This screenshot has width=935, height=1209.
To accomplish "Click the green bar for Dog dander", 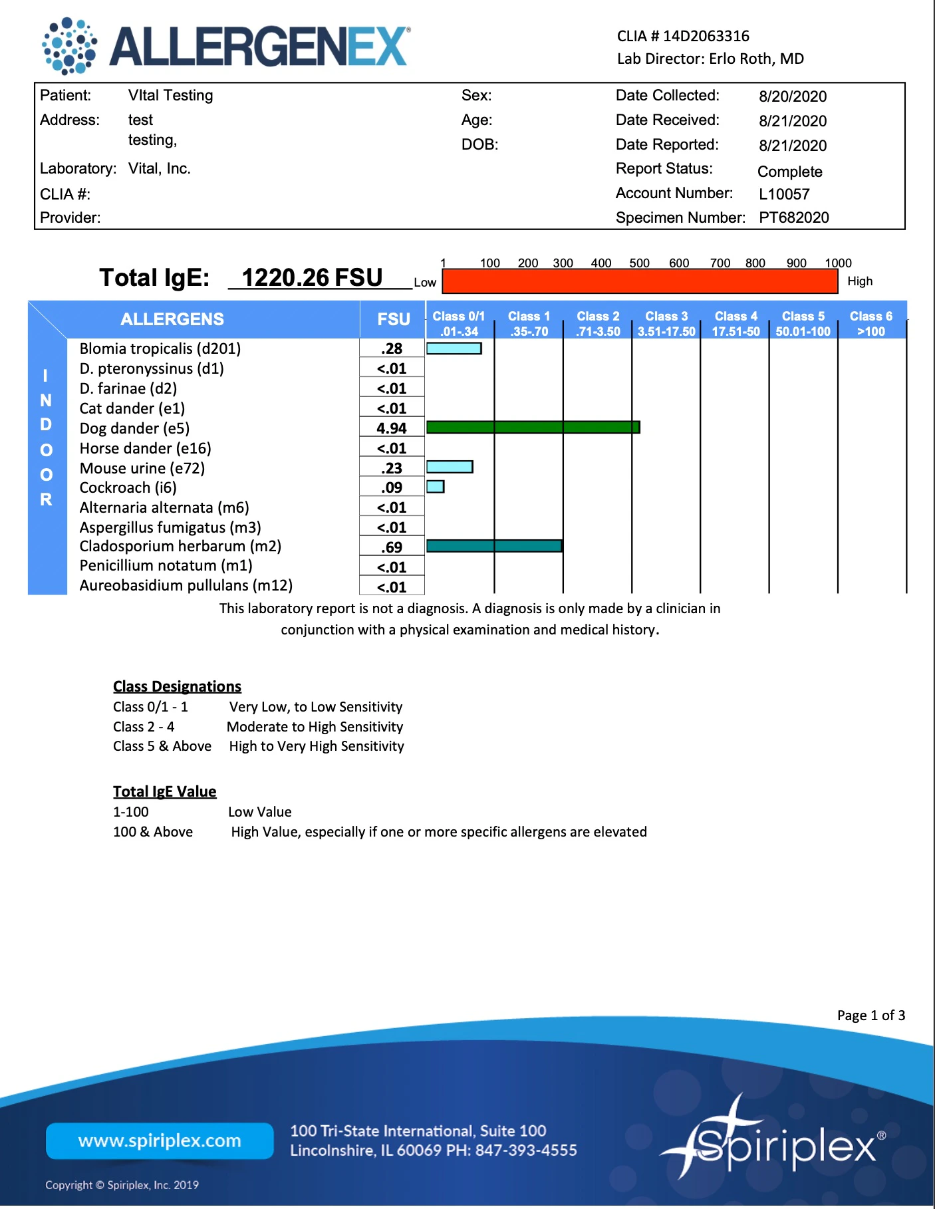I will [533, 427].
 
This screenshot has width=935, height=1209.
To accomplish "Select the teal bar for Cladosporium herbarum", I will [494, 546].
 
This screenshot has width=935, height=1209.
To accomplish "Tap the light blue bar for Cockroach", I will [435, 487].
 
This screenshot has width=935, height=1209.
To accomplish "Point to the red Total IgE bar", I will [640, 281].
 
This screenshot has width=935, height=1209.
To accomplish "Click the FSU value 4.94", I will [392, 428].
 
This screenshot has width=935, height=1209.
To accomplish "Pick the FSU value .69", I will [392, 547].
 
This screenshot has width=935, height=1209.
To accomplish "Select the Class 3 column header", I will [666, 323].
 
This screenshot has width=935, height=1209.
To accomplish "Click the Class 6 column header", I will [870, 323].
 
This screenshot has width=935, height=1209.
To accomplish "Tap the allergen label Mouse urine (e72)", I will [142, 468].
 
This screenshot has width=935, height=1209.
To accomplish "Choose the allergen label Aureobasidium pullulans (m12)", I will [186, 585].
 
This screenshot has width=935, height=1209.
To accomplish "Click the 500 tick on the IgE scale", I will [639, 263].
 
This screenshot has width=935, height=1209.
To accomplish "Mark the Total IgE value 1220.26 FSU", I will [312, 277].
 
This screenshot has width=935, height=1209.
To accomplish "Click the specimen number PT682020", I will [793, 217].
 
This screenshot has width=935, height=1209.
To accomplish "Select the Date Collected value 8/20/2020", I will [793, 96].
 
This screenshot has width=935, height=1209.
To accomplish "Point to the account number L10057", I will [784, 194].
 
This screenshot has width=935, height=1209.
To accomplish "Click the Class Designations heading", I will [177, 686].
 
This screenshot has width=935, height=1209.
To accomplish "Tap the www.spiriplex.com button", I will [160, 1141].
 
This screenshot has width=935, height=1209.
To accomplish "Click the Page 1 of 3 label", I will [870, 1015].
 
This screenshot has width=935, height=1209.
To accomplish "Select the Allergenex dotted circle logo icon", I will [69, 46].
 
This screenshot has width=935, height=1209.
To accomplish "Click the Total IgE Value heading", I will [164, 791].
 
